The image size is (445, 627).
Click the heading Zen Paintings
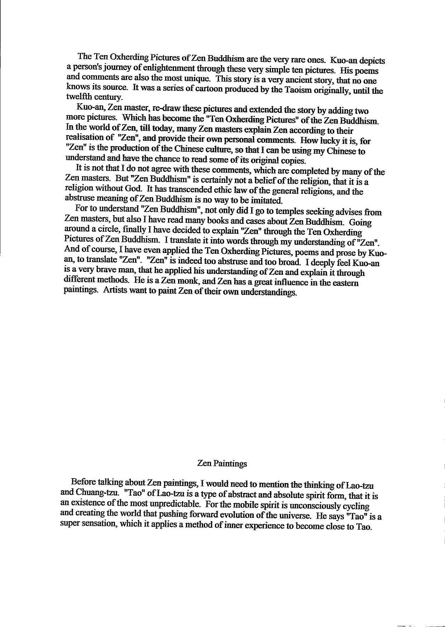pyautogui.click(x=222, y=463)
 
